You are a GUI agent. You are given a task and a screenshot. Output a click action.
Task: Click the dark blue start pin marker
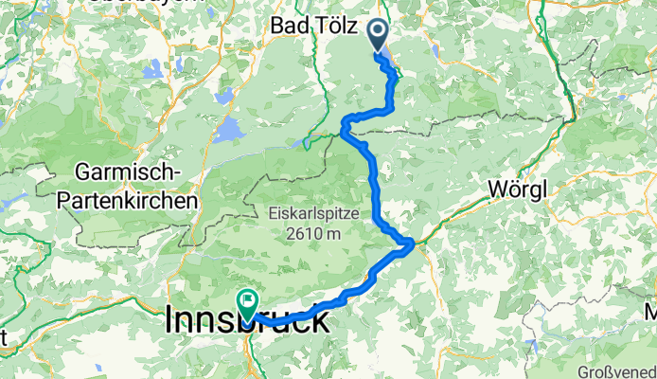(378, 35)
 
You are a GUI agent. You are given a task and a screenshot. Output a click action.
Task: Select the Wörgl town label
(519, 189)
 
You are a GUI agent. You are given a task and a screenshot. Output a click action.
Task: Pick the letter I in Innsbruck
(170, 319)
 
